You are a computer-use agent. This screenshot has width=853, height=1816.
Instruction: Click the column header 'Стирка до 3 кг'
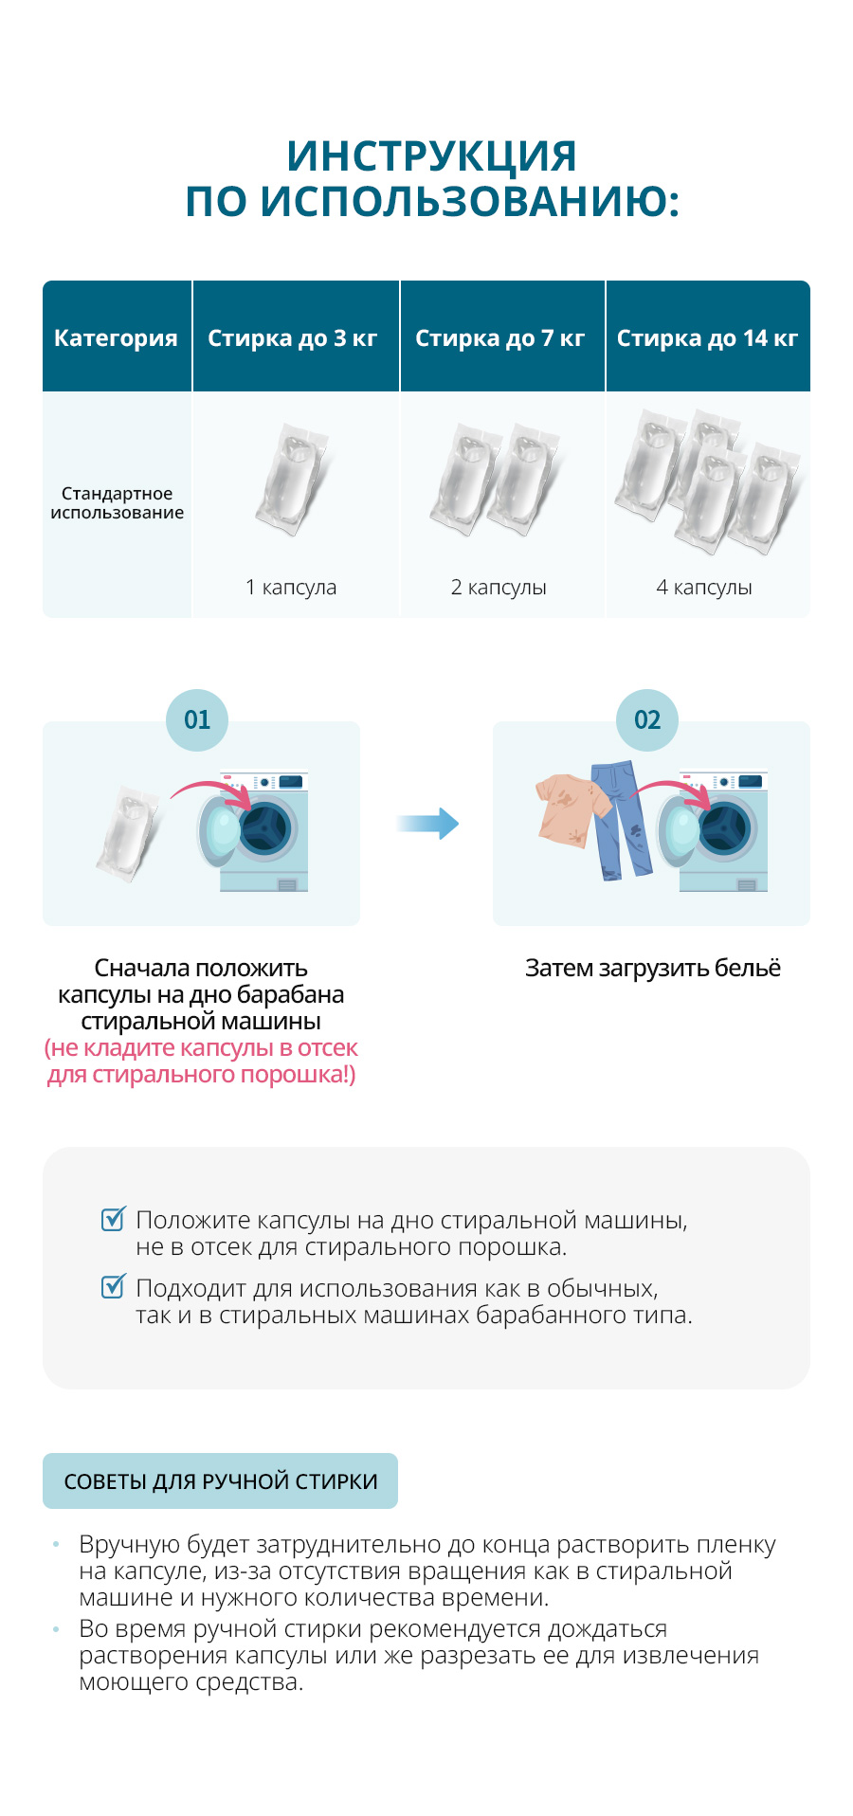(x=293, y=338)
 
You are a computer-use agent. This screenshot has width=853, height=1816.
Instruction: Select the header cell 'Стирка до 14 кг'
(x=707, y=338)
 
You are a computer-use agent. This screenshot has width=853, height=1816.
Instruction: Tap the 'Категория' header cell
(x=116, y=338)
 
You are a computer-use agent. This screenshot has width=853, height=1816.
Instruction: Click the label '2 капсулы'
(x=499, y=588)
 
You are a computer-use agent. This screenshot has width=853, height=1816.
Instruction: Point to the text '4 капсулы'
(x=704, y=588)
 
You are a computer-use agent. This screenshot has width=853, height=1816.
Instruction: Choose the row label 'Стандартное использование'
(x=117, y=503)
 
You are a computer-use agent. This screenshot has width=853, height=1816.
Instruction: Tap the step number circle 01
(x=197, y=720)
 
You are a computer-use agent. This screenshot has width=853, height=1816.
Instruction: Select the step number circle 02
(x=647, y=720)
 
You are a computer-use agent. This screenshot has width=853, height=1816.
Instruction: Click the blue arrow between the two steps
(x=428, y=824)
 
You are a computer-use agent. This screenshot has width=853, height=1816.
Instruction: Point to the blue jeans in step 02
(x=621, y=821)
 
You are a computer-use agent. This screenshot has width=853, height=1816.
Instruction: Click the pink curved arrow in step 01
(x=213, y=790)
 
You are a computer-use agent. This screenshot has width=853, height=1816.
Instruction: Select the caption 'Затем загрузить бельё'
(x=652, y=969)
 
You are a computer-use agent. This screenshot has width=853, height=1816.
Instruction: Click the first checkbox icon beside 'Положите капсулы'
(x=113, y=1219)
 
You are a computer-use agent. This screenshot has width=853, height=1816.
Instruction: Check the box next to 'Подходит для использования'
(x=113, y=1287)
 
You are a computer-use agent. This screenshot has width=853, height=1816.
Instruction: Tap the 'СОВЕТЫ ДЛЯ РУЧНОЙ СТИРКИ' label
(x=221, y=1481)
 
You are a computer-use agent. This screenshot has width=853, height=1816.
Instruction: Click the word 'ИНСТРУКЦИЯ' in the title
(x=431, y=156)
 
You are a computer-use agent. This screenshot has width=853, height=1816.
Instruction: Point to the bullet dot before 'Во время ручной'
(x=57, y=1629)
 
